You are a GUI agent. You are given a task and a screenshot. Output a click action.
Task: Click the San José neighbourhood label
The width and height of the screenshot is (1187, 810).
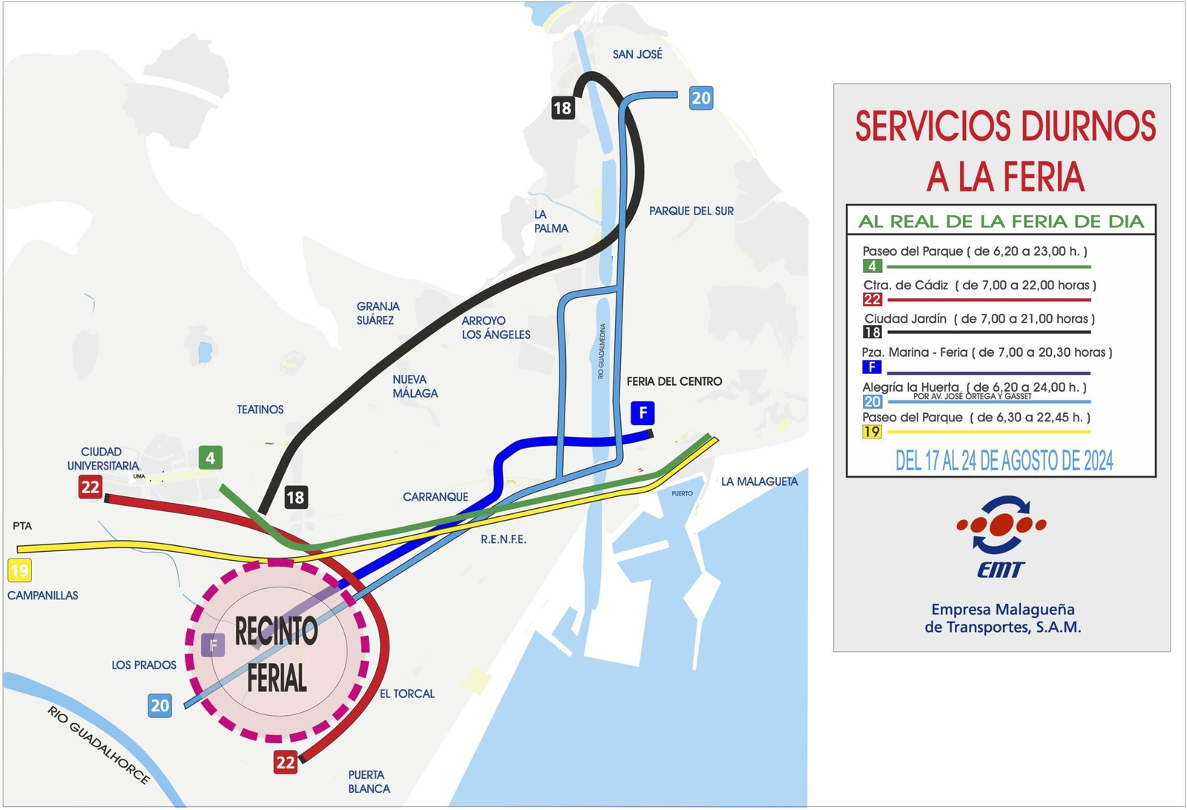[x=637, y=54]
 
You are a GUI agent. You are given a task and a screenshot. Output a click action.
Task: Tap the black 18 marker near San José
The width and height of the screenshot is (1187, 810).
[x=562, y=108]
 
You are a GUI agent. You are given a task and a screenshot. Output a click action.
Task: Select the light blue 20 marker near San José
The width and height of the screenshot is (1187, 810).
[x=700, y=98]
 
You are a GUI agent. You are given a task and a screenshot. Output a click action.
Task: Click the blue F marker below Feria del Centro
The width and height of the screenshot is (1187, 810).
[x=642, y=413]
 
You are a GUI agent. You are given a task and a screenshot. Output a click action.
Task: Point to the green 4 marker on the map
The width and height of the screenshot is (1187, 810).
[x=211, y=458]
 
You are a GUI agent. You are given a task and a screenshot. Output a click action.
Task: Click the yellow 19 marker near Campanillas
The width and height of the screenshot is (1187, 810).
[x=19, y=570]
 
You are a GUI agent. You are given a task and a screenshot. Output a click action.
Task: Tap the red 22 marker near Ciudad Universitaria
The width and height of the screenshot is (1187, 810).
[x=91, y=487]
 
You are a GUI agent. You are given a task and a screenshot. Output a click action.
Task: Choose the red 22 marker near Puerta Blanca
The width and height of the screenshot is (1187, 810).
[x=286, y=762]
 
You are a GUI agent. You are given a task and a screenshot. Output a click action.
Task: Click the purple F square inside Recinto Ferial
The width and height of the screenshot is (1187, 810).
[x=213, y=645]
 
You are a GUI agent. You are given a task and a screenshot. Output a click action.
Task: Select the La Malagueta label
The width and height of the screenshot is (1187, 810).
[x=759, y=482]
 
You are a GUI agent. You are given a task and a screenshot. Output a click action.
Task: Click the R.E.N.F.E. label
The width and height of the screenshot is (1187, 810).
[x=503, y=539]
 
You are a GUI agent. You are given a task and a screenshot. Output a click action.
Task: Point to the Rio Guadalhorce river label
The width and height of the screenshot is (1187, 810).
[x=99, y=745]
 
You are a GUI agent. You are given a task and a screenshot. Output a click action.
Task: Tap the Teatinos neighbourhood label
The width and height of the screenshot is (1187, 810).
[x=260, y=409]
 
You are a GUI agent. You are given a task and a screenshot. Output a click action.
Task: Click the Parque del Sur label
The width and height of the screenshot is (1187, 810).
[x=691, y=211]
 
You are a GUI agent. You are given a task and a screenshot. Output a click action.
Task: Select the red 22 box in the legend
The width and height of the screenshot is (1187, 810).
[x=872, y=300]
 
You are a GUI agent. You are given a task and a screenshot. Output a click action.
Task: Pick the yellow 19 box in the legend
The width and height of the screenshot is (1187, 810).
[x=872, y=432]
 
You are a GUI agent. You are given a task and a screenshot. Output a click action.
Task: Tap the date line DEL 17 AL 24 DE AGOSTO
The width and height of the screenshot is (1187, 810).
[x=1004, y=461]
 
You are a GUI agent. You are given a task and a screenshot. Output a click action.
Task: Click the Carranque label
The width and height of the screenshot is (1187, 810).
[x=435, y=497]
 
